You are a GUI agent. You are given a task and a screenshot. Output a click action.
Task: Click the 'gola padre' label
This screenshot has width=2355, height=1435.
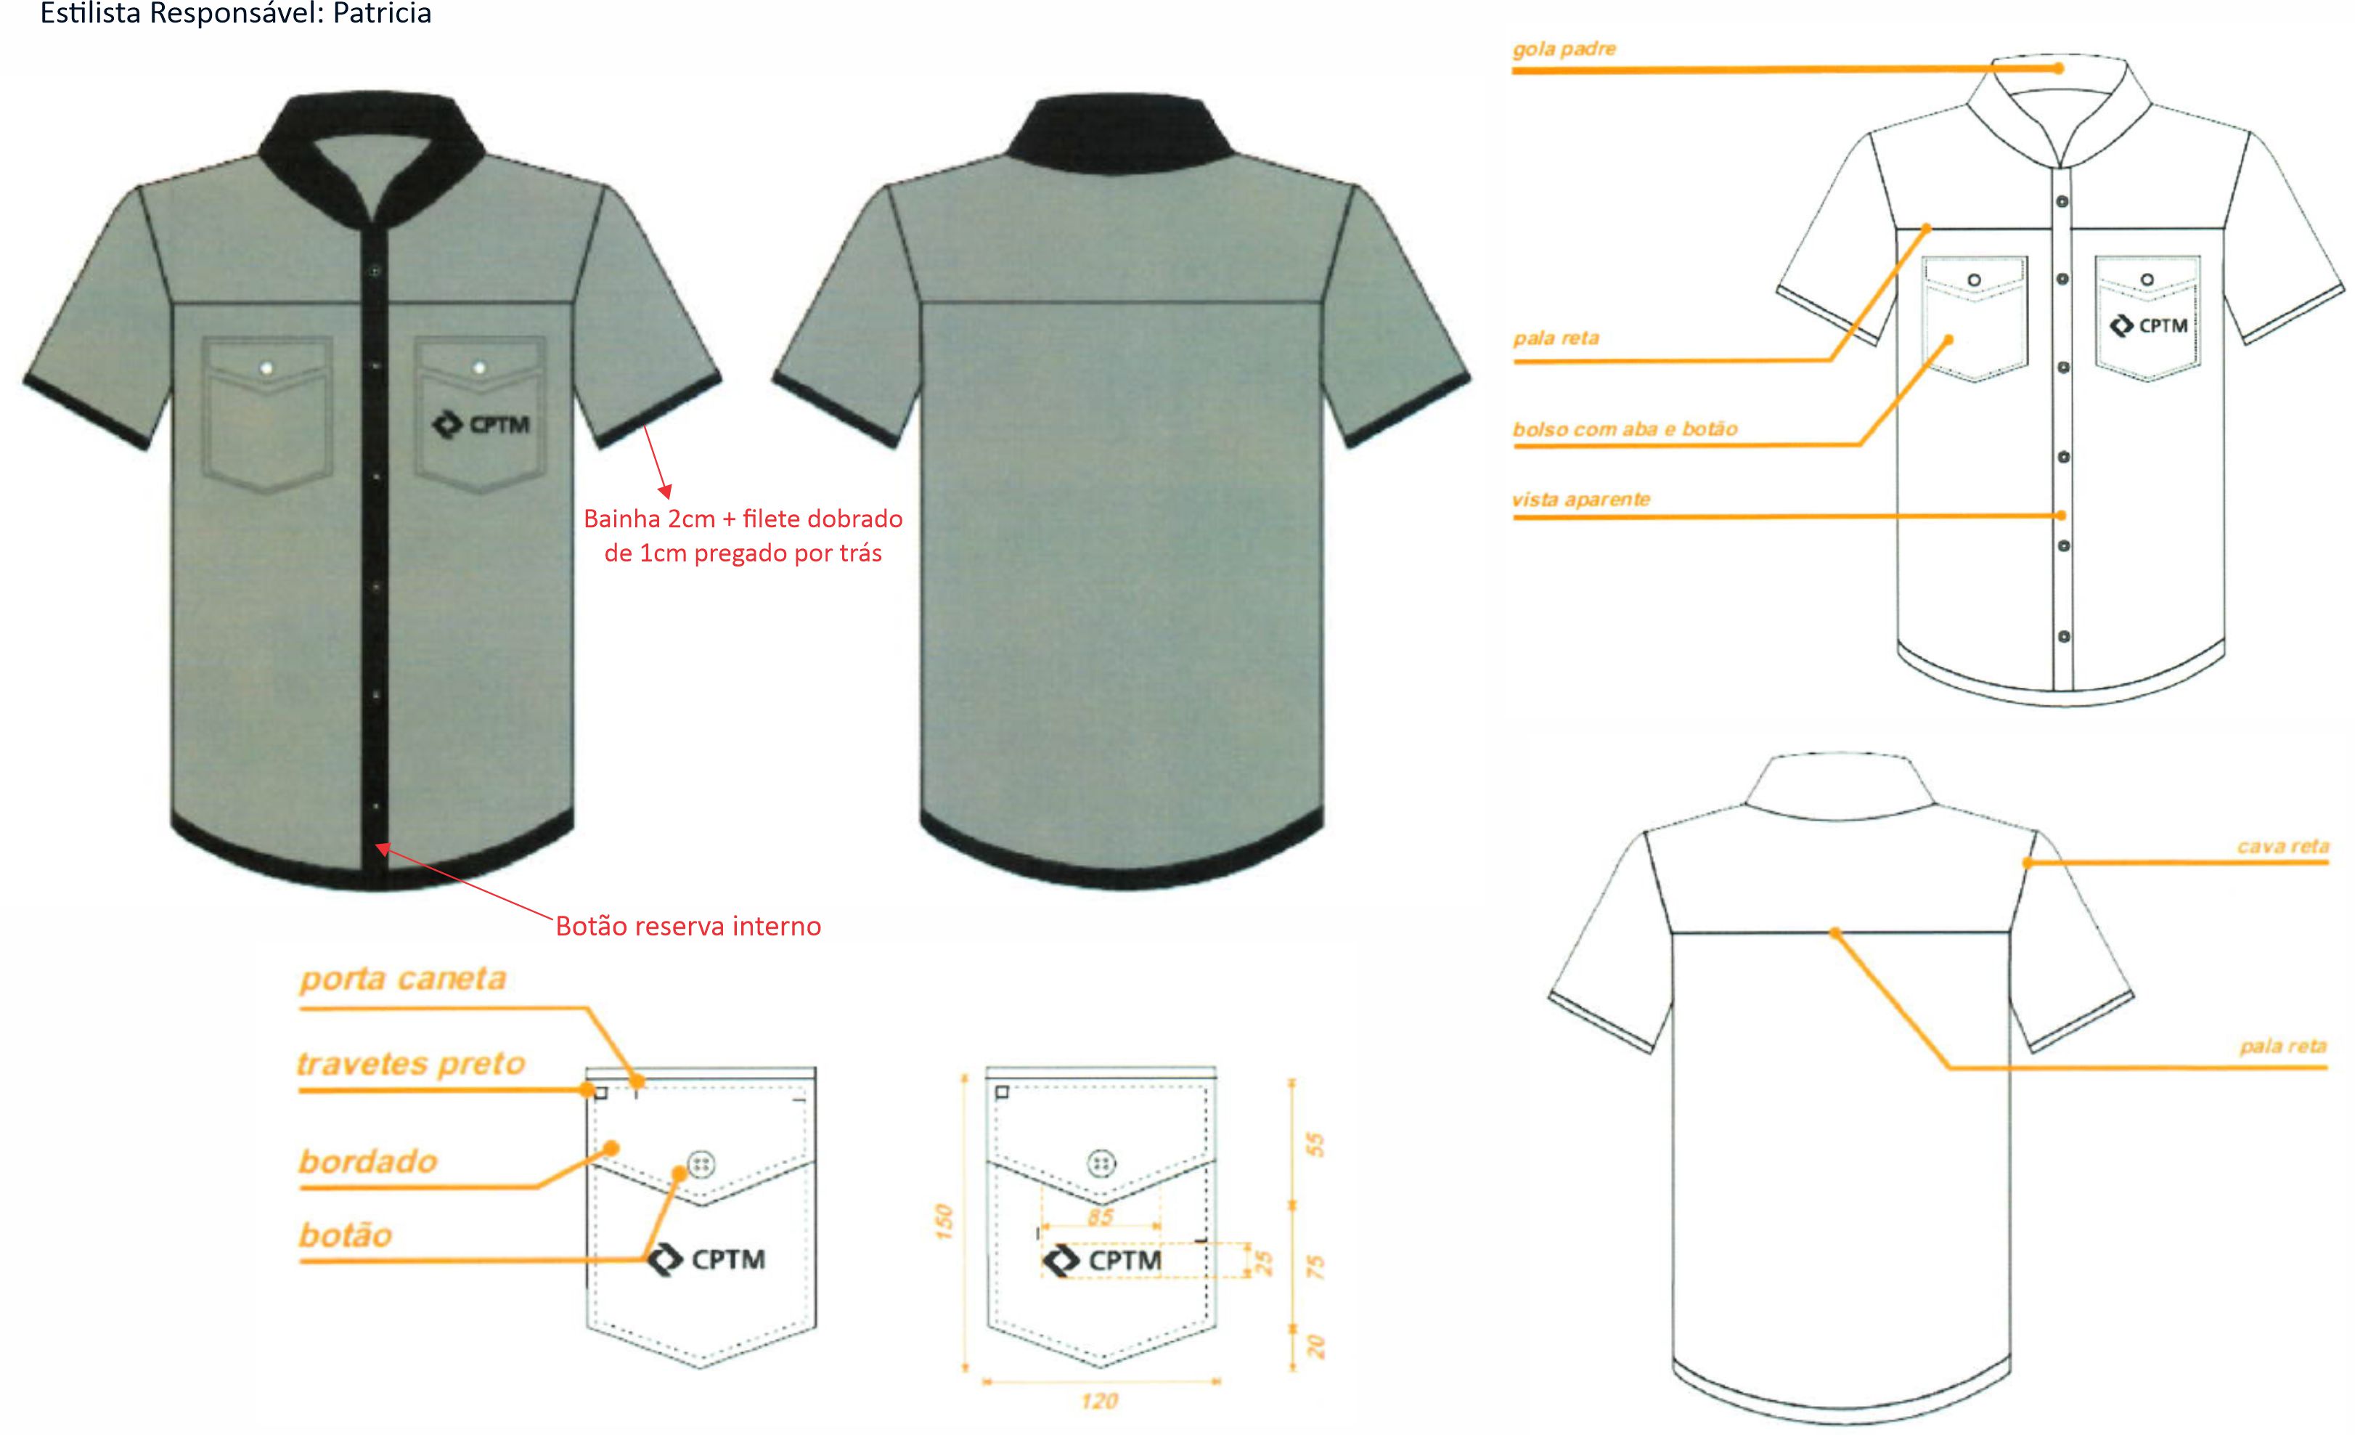point(1564,49)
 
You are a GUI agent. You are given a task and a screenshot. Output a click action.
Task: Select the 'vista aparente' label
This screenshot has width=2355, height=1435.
point(1581,499)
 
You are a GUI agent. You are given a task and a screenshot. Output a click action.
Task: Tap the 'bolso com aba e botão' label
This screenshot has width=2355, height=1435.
point(1625,429)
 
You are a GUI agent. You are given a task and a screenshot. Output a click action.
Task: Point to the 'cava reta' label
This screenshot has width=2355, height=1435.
point(2282,846)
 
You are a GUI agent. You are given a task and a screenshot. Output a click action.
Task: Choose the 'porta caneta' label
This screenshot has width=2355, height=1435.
point(402,979)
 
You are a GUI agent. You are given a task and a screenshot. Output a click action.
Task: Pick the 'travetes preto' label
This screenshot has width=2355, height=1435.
point(411,1064)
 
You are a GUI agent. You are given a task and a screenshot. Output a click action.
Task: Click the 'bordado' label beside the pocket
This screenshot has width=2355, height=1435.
point(368,1161)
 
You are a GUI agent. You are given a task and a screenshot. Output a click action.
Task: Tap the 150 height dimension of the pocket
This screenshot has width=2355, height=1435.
point(943,1221)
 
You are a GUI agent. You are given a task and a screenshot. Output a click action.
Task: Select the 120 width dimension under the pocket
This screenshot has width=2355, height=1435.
point(1099,1402)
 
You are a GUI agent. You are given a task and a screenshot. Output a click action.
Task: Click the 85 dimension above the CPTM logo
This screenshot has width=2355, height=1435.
point(1100,1217)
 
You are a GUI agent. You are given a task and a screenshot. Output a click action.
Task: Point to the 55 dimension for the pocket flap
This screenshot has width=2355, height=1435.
point(1316,1145)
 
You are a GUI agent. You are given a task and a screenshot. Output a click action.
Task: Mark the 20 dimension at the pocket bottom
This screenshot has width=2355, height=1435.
point(1316,1347)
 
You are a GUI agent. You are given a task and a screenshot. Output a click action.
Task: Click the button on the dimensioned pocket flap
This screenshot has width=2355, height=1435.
point(1101,1163)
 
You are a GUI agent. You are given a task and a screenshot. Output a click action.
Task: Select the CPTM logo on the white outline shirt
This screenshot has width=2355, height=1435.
point(2149,326)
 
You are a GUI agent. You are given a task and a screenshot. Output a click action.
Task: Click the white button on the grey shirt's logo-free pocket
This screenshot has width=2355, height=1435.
point(266,368)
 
